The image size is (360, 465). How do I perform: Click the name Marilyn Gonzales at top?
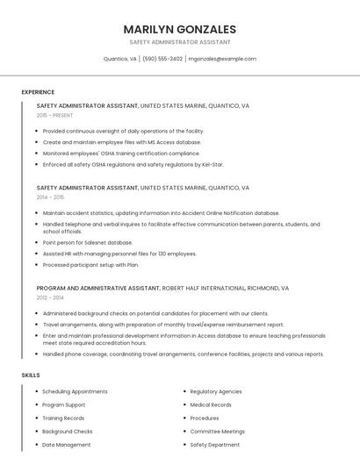179,29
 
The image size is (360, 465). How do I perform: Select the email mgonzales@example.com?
222,59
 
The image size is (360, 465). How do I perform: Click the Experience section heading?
38,92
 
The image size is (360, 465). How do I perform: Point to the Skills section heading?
31,376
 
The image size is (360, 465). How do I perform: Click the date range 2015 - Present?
54,115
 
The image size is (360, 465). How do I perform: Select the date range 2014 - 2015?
51,197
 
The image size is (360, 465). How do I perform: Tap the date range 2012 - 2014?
51,297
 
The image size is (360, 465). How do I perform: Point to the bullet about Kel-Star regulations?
133,164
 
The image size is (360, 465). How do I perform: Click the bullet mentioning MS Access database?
121,141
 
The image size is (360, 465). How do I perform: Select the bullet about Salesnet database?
87,242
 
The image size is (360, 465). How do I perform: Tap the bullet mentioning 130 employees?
119,254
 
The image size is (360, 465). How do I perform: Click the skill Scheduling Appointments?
75,391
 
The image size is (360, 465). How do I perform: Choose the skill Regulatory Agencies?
216,391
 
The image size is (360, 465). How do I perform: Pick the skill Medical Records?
211,404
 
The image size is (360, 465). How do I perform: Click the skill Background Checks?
68,432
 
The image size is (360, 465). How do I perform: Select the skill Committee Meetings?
217,432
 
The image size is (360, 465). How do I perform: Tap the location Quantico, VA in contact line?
120,59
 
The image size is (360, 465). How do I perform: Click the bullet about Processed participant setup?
90,264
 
